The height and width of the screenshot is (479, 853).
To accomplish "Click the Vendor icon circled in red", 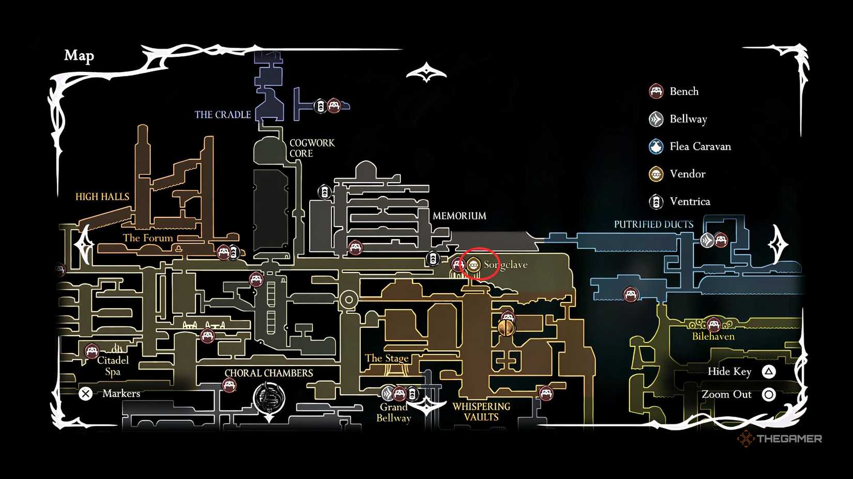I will pos(473,265).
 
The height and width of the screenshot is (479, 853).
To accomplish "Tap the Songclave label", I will pos(506,265).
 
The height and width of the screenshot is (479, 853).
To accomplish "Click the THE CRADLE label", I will pos(223,115).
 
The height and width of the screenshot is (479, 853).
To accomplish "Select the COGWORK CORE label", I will pos(312,148).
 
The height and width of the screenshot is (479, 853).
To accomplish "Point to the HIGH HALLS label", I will pos(102,197).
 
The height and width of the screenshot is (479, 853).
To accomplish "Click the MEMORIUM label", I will pos(459,216).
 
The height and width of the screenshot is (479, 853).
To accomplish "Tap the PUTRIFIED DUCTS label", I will pos(653,225).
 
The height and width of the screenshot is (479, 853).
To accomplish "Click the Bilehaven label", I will pos(713,337).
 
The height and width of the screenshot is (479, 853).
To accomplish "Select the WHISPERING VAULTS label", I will pos(481,412).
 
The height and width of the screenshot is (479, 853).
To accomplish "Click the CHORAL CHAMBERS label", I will pos(269,373).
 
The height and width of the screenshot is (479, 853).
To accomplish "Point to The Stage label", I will pos(387,358).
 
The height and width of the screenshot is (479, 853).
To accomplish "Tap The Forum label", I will pos(148,238).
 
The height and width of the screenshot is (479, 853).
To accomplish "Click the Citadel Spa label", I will pos(113,366).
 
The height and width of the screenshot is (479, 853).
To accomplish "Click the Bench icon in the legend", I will pos(656,91).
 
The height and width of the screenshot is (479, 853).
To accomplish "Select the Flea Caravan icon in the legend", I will pos(656,147).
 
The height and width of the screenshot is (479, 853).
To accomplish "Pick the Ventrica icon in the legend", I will pos(656,201).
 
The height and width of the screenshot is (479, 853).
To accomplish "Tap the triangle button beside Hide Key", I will pos(769,372).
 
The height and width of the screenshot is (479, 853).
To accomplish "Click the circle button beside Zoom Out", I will pos(769,394).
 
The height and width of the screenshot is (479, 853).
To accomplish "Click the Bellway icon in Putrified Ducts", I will pos(707,240).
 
